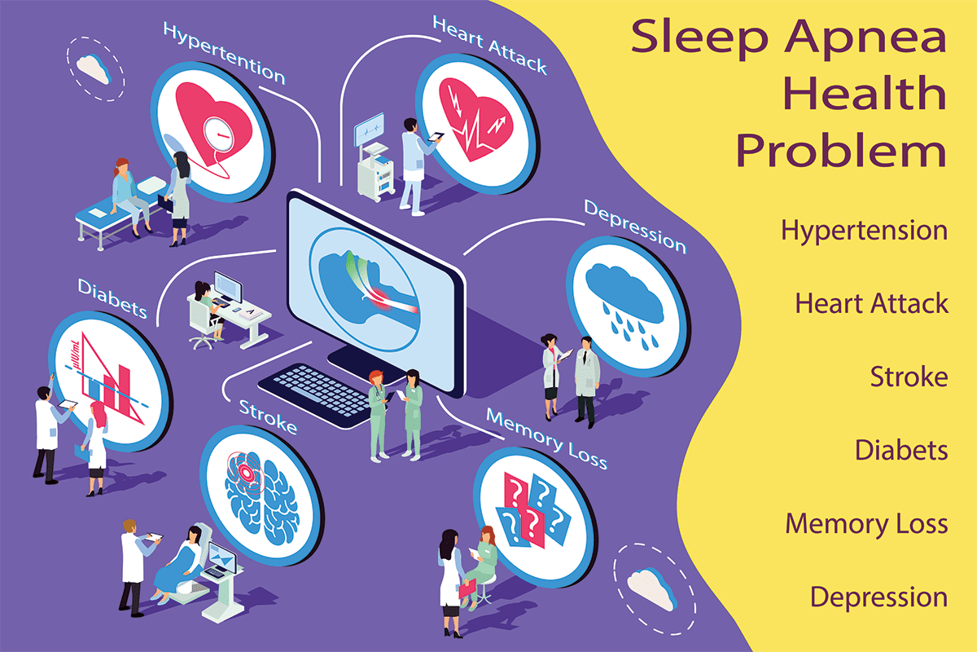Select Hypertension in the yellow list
coord(864,231)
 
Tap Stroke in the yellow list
coord(909,377)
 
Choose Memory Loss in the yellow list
coord(866,524)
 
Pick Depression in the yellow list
coord(878,597)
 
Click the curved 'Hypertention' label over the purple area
coord(224,53)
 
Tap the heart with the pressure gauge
coord(212,126)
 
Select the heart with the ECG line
coord(475,119)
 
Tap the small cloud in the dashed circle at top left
coord(93,68)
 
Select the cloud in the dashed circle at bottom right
coord(652,588)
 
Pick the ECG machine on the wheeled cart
coord(374,157)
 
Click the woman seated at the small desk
coord(208,309)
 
